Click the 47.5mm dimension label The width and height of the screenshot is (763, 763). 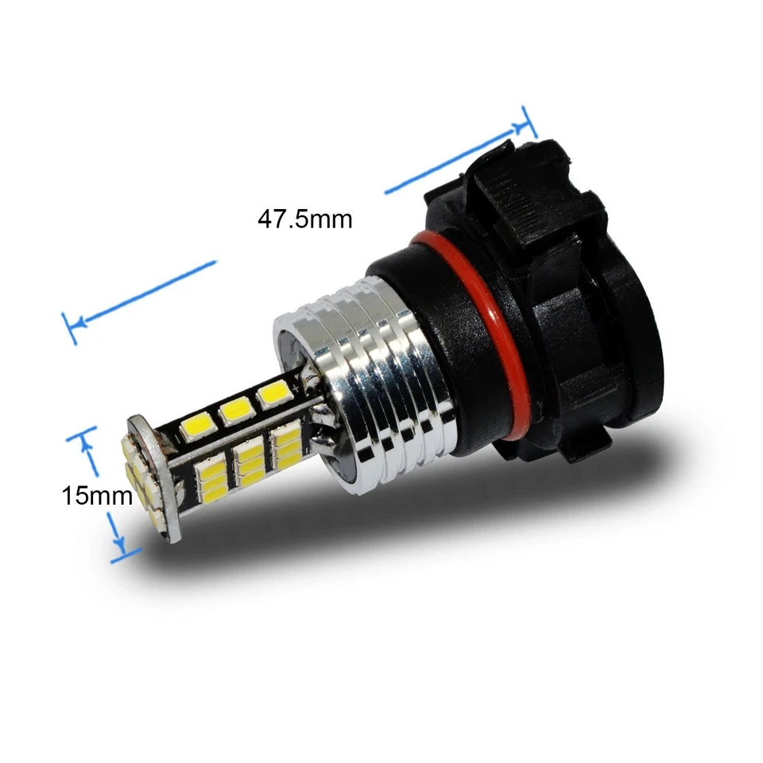[x=304, y=219]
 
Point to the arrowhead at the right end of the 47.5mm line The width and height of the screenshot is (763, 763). [x=521, y=126]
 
